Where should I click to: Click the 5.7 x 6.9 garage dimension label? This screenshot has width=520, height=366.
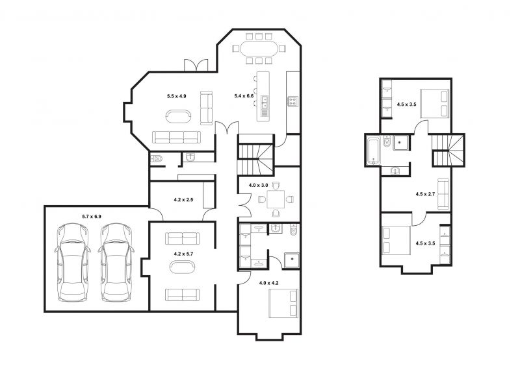point(92,217)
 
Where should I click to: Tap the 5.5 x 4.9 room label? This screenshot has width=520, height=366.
point(176,97)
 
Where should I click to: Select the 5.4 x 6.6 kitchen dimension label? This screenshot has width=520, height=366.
point(244,96)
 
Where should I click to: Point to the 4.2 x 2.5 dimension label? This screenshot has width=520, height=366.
point(183,200)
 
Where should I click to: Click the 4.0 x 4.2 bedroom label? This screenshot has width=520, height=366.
point(268,283)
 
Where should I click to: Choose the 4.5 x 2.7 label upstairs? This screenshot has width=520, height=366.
point(425,195)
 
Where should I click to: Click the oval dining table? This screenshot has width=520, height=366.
point(259,49)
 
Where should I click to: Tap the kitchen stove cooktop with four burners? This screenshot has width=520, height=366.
point(292,101)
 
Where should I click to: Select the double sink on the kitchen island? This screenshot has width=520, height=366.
point(265,103)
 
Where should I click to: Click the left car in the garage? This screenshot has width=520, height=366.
point(73,262)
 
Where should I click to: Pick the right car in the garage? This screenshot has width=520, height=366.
point(116,262)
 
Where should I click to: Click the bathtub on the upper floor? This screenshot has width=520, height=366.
point(373,151)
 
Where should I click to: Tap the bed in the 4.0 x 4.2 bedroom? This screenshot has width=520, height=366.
point(283,304)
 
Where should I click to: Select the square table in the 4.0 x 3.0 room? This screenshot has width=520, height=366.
point(276,199)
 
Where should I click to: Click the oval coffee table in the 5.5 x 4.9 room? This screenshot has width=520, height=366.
point(178,117)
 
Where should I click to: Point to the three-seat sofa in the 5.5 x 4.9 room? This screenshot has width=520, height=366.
point(176,137)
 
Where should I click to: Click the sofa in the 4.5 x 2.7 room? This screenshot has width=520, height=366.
point(443,195)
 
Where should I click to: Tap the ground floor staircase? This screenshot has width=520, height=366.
point(256,154)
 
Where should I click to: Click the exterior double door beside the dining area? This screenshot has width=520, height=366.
point(196,66)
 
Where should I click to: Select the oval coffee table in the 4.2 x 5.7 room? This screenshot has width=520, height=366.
point(183,267)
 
